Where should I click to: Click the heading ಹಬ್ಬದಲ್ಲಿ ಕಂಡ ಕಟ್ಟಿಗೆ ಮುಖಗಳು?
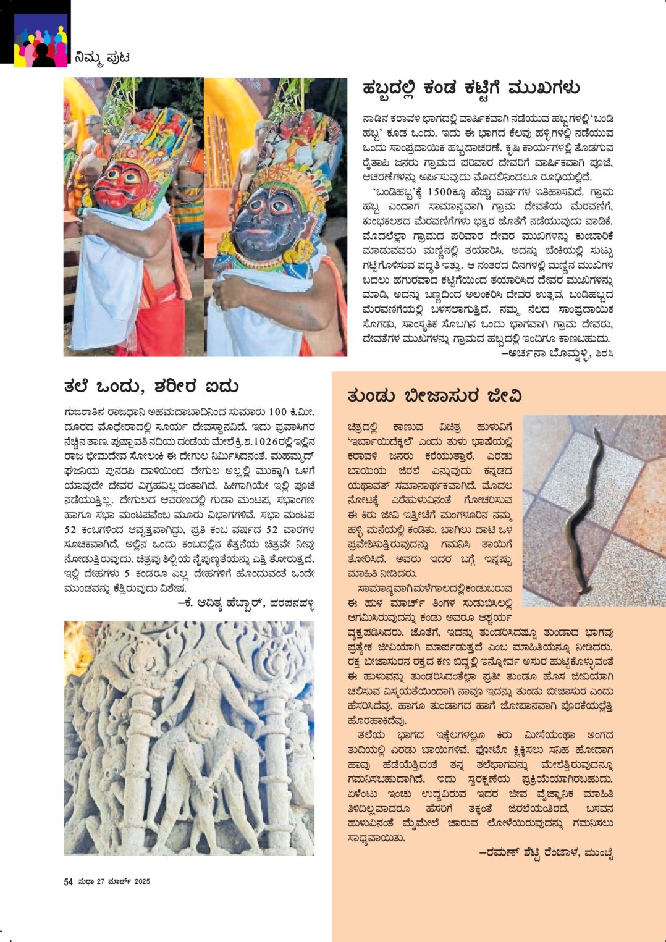point(471,89)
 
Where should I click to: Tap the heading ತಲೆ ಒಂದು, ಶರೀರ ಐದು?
point(151,387)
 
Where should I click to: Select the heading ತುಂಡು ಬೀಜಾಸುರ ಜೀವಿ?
point(434,396)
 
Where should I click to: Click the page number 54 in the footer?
point(69,881)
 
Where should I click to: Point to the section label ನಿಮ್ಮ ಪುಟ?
point(101,57)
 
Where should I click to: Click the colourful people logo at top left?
point(41,40)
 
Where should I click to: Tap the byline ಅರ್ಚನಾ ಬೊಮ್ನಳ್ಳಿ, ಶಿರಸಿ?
point(557,353)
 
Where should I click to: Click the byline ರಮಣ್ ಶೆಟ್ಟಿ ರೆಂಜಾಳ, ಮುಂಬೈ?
point(546,853)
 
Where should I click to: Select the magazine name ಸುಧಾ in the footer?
point(85,881)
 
